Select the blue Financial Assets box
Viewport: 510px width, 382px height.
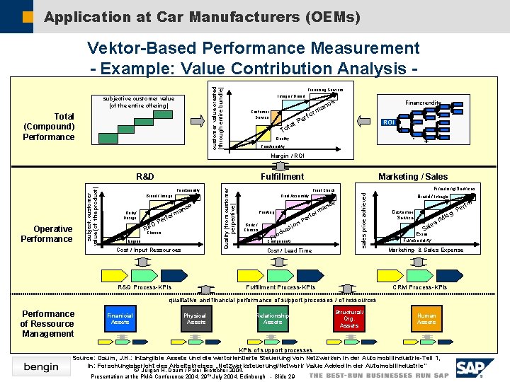coord(120,319)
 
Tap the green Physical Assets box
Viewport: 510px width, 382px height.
coord(195,319)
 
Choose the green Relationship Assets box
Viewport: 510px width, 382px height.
coord(273,319)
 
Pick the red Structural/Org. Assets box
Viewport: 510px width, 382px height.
coord(349,318)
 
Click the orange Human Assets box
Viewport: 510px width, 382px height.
coord(426,319)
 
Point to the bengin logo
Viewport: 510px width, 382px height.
coord(41,366)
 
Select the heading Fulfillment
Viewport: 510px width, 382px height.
coord(282,176)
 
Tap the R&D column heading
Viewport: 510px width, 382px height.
coord(146,176)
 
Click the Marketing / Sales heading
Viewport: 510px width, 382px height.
coord(413,176)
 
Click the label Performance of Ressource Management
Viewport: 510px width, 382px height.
coord(47,323)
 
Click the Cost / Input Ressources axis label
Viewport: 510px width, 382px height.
coord(148,250)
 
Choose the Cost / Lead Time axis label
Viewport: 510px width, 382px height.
coord(288,250)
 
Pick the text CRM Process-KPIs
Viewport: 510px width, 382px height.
coord(419,287)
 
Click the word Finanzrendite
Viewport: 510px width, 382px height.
coord(422,103)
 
